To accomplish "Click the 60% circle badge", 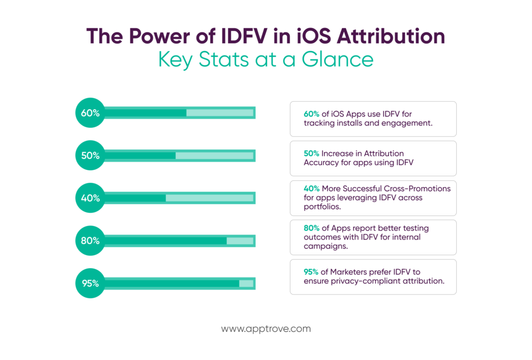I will click(x=90, y=112).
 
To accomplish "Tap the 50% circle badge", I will click(x=90, y=155).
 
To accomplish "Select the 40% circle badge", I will click(x=90, y=198).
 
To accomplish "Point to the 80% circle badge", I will click(x=90, y=241).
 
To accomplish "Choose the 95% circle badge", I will click(x=90, y=283).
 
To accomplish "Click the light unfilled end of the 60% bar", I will click(x=220, y=113).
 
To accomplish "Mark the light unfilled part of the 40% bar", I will click(x=209, y=198).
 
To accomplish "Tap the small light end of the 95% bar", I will click(x=246, y=283).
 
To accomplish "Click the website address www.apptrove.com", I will click(x=266, y=329).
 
